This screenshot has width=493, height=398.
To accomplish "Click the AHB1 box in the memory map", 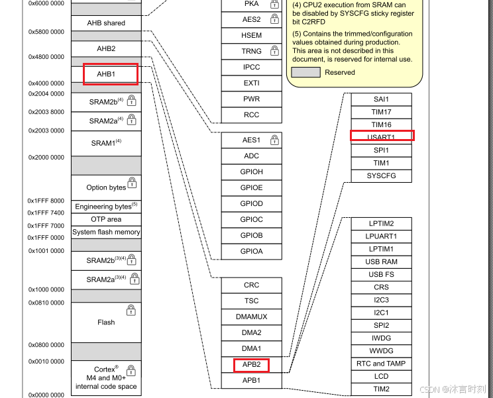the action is pos(106,74).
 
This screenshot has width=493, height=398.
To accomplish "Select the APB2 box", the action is pos(251,364).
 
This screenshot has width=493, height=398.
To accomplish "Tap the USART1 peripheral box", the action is pos(382,137).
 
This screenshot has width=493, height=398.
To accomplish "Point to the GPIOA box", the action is pos(251,252).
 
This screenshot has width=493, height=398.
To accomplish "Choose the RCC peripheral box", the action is pos(251,115).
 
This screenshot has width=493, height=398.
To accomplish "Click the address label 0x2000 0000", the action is pos(46,158).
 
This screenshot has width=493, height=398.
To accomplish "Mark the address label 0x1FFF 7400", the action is pos(46,213).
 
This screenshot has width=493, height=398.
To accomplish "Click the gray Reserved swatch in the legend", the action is pos(306,73).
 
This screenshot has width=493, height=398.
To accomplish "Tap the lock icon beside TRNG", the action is pos(274,51).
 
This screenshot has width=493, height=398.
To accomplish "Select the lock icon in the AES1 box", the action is pos(274,140).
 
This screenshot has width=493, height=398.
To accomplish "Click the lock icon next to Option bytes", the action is pos(132,182).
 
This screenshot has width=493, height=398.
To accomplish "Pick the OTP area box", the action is pos(106,219).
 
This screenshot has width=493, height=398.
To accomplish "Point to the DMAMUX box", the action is pos(251,317).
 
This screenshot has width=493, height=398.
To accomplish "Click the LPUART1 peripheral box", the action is pos(382,236).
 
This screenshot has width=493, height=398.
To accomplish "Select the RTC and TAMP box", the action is pos(382,364).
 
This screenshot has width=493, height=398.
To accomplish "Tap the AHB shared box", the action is pos(106,23).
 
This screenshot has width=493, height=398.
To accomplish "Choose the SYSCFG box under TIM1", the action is pos(382,176).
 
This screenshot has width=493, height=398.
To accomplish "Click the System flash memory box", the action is pos(106,232).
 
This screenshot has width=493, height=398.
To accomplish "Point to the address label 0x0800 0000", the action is pos(46,345).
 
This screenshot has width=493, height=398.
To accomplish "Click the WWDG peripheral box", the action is pos(382,351).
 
